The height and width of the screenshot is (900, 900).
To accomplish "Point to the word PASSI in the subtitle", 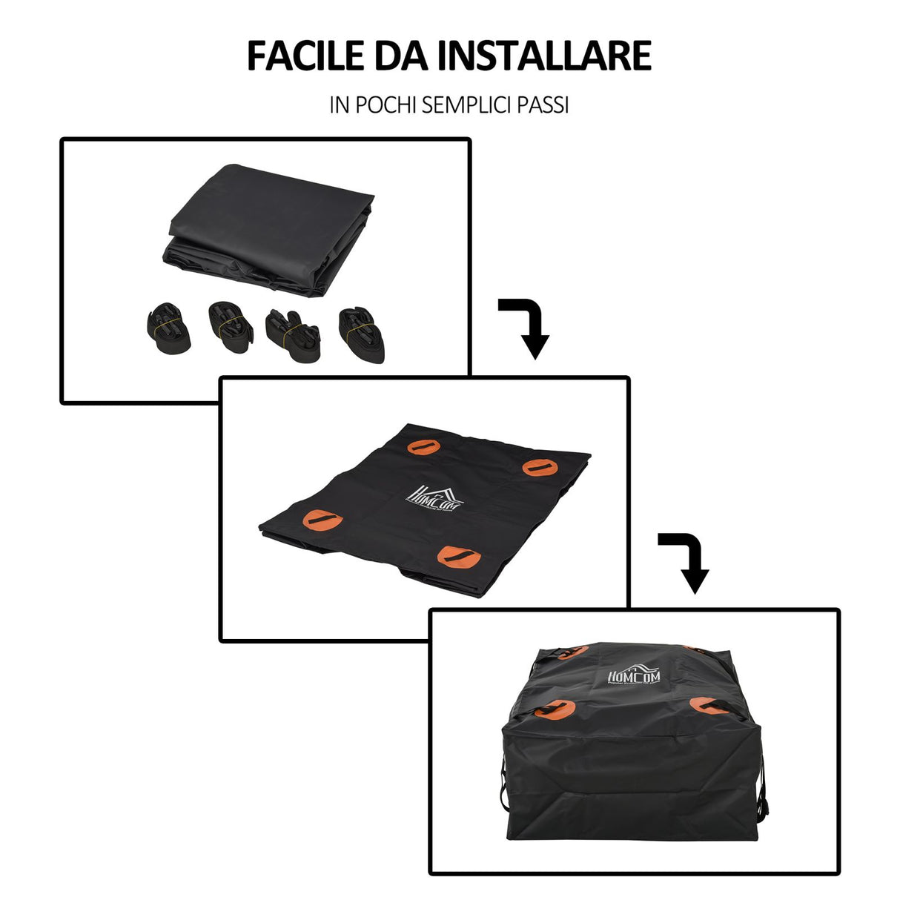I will coord(543,105).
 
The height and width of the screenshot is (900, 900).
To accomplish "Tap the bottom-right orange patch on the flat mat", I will coord(460,557).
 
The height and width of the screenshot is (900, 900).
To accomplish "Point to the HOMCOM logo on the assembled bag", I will coord(638,675).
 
